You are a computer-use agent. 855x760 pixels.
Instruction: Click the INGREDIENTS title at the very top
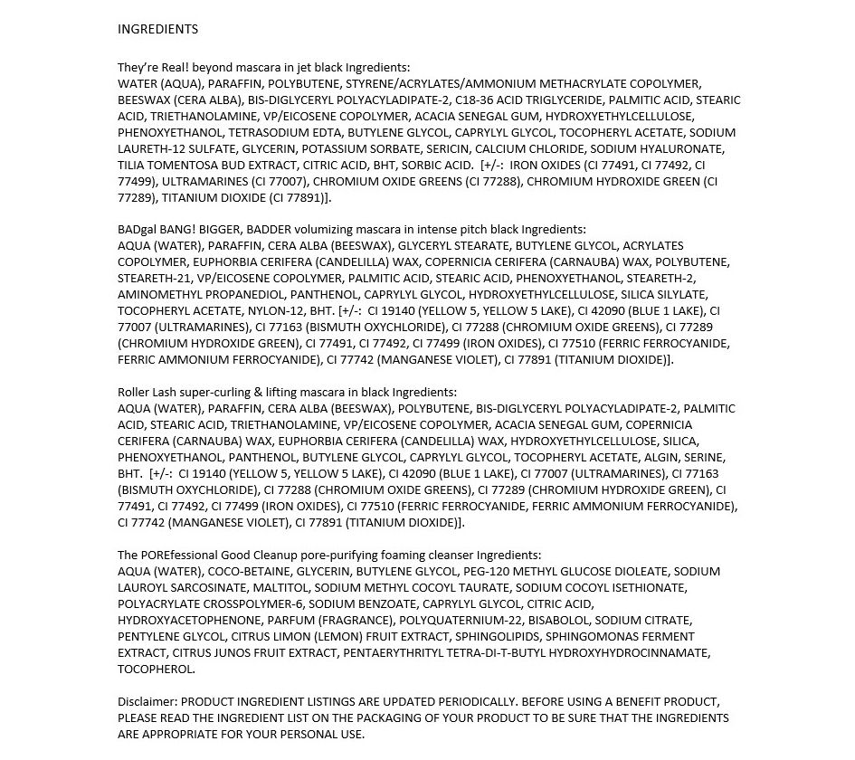pos(157,29)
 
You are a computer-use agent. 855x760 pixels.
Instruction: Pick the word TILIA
pos(132,165)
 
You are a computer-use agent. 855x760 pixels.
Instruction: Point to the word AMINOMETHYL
pos(155,294)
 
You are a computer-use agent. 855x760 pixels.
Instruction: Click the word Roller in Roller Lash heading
pos(135,392)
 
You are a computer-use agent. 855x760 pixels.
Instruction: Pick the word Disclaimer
pos(147,701)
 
